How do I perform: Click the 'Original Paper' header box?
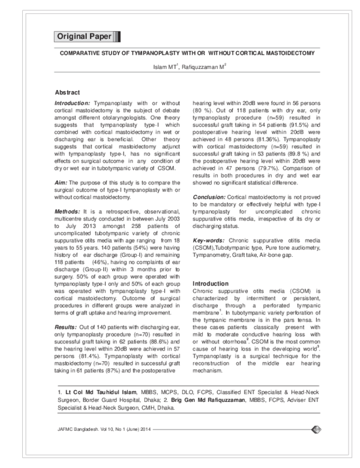click(x=83, y=37)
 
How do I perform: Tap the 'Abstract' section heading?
click(x=67, y=93)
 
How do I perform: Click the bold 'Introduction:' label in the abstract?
click(x=70, y=104)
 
